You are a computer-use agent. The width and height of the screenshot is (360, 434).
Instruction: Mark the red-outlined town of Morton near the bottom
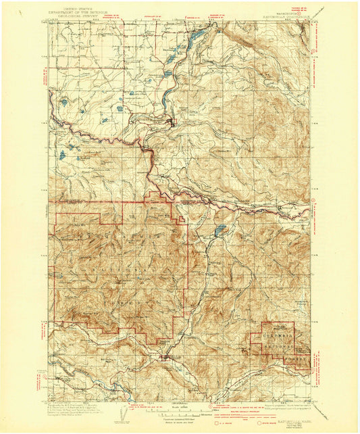coord(165,358)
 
